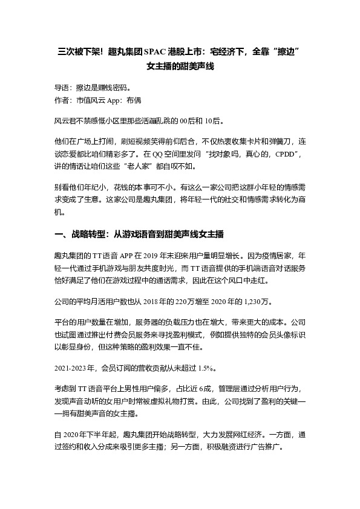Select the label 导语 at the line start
coord(62,87)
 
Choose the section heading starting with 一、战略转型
coord(140,234)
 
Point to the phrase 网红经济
coord(240,434)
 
